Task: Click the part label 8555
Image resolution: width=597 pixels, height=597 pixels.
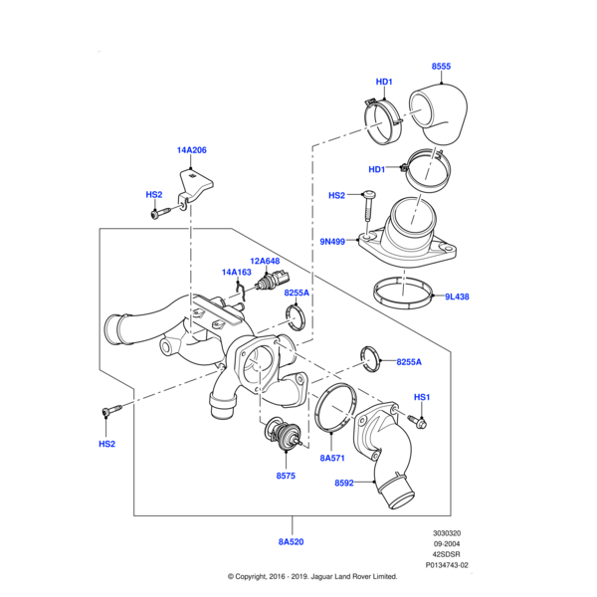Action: pyautogui.click(x=441, y=67)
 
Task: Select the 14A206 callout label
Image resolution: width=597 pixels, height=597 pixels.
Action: pyautogui.click(x=191, y=149)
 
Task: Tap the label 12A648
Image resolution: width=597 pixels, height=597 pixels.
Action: pyautogui.click(x=265, y=261)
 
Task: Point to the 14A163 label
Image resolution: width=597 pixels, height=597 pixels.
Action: pyautogui.click(x=236, y=272)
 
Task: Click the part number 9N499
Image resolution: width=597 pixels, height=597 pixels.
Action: pyautogui.click(x=333, y=241)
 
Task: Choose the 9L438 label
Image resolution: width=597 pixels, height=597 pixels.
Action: pyautogui.click(x=457, y=296)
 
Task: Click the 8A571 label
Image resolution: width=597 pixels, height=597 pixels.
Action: pyautogui.click(x=331, y=459)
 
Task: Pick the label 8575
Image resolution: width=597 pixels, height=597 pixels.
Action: pyautogui.click(x=286, y=477)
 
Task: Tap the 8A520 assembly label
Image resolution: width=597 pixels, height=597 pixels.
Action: pyautogui.click(x=293, y=543)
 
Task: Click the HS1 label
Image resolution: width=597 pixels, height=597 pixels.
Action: pyautogui.click(x=422, y=397)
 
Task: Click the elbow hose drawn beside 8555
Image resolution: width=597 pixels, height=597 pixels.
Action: pyautogui.click(x=440, y=113)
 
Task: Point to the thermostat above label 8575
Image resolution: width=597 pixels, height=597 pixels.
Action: pyautogui.click(x=285, y=436)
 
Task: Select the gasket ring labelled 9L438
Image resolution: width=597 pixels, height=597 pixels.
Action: pyautogui.click(x=405, y=294)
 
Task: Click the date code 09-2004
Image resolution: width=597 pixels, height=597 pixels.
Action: pyautogui.click(x=447, y=542)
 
